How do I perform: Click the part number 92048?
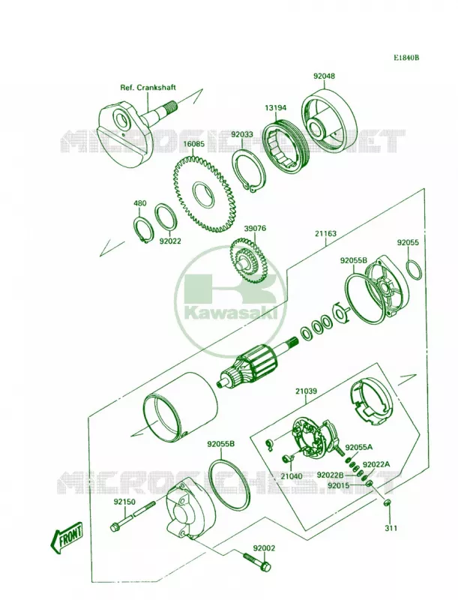pos(324,76)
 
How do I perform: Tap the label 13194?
pos(275,108)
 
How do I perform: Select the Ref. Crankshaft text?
pos(148,87)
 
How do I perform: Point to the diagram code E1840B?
pos(407,58)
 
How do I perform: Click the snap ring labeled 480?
pos(143,229)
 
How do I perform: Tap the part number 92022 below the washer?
pos(170,241)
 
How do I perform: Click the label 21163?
pos(326,233)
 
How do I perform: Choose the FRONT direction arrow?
pos(67,535)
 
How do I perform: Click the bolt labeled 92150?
pos(132,515)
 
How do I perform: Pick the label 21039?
pos(306,391)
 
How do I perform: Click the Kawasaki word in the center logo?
pos(232,312)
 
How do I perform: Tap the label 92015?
pos(338,485)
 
